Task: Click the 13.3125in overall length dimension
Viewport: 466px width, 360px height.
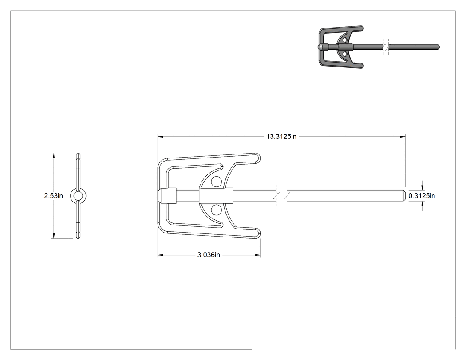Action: (x=281, y=137)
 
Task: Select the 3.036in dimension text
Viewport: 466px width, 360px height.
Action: (x=209, y=255)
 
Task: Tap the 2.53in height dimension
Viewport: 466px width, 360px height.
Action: (x=54, y=196)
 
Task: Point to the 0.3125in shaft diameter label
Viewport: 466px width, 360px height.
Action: (x=422, y=196)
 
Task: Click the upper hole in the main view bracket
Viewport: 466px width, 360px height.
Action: (x=216, y=182)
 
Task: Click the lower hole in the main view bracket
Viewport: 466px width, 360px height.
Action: (x=216, y=210)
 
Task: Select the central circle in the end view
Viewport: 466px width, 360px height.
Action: (x=78, y=196)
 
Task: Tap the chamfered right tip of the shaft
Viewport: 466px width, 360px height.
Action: (x=404, y=196)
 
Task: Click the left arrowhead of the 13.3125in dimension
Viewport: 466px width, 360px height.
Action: (x=160, y=137)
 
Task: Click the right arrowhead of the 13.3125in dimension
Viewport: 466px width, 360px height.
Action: (x=403, y=137)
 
